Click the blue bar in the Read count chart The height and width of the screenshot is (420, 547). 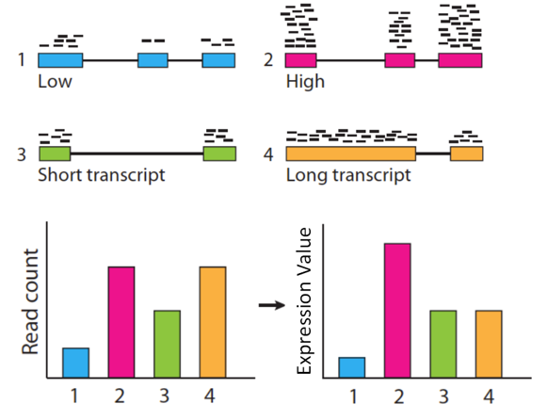click(x=75, y=363)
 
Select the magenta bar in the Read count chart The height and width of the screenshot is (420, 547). click(x=121, y=322)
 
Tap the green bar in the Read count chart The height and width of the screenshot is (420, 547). click(x=167, y=344)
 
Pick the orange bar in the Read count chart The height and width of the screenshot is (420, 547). click(x=213, y=322)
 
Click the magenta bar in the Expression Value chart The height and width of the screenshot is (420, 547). click(x=397, y=311)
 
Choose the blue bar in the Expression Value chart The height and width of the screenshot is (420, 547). click(x=352, y=367)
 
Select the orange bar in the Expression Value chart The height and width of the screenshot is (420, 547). click(x=489, y=344)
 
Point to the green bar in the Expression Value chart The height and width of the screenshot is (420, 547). click(x=443, y=344)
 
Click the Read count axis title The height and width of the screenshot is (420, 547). click(x=30, y=301)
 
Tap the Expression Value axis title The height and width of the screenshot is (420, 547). click(x=303, y=300)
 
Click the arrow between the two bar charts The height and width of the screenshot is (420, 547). click(x=272, y=305)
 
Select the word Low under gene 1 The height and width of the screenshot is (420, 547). click(x=55, y=82)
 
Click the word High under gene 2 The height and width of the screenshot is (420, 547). click(x=305, y=82)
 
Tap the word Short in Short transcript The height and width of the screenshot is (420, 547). click(x=60, y=175)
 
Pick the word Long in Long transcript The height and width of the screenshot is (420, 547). click(x=307, y=175)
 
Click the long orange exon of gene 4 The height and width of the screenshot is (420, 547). click(x=351, y=153)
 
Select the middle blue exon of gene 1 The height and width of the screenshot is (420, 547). click(x=153, y=60)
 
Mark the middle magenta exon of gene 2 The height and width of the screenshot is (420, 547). click(x=400, y=60)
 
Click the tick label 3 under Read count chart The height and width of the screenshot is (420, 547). click(x=165, y=396)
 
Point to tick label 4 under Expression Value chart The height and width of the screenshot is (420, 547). click(x=489, y=396)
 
